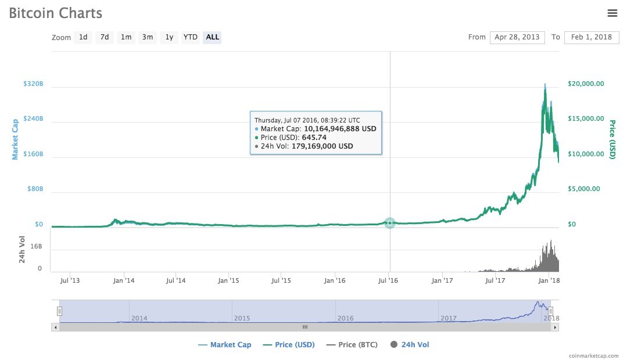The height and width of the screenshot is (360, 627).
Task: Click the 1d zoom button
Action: tap(83, 37)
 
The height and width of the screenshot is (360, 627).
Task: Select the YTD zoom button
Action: tap(190, 37)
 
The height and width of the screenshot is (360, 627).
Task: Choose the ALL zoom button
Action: tap(213, 37)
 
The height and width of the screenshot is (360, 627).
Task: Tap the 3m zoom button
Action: tap(148, 37)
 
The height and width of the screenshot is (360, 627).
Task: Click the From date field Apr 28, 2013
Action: tap(517, 37)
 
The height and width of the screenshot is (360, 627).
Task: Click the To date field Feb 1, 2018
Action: tap(591, 37)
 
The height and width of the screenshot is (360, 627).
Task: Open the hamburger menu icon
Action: tap(612, 13)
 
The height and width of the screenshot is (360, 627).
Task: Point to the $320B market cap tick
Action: tap(33, 84)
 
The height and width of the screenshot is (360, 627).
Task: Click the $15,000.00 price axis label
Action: tap(586, 119)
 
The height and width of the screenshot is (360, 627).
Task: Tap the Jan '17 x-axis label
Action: tap(443, 281)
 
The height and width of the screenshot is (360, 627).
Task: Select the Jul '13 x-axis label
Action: tap(70, 281)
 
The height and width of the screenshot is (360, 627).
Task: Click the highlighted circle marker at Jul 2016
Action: tap(389, 223)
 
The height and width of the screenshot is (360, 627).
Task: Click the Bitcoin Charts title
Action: tap(56, 13)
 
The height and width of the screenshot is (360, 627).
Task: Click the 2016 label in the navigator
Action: tap(345, 318)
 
